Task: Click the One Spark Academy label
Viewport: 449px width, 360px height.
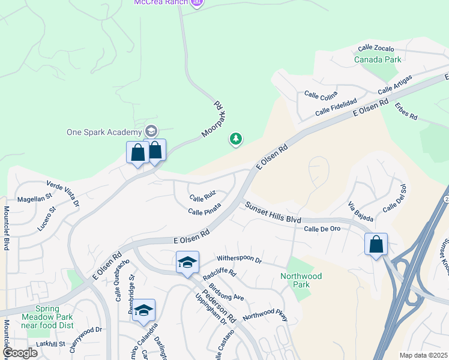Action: pyautogui.click(x=104, y=132)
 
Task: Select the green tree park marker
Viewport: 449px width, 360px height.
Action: pyautogui.click(x=236, y=140)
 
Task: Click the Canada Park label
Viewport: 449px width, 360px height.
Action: pyautogui.click(x=378, y=60)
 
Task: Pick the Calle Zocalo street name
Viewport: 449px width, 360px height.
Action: pyautogui.click(x=376, y=48)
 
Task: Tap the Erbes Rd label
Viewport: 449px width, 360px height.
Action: pyautogui.click(x=406, y=111)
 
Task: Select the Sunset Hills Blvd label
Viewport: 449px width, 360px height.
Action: pyautogui.click(x=272, y=212)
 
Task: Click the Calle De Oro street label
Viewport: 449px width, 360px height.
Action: pyautogui.click(x=322, y=229)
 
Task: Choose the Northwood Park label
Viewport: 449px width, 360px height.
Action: pyautogui.click(x=301, y=280)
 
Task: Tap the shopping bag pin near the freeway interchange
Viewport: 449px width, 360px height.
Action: pyautogui.click(x=376, y=244)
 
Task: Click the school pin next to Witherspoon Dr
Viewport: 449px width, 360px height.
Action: pyautogui.click(x=187, y=263)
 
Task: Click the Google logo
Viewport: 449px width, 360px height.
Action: pyautogui.click(x=20, y=353)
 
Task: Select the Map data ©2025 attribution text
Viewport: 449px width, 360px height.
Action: pyautogui.click(x=423, y=355)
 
